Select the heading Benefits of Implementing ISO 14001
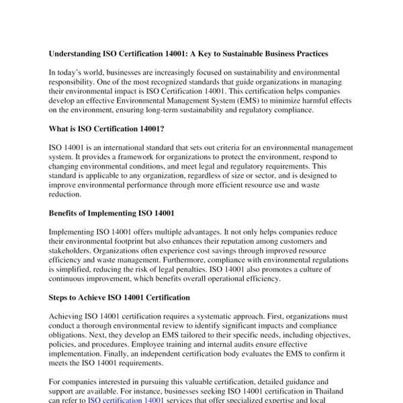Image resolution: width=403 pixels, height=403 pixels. pyautogui.click(x=111, y=214)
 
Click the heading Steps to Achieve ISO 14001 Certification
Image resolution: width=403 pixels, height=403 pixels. pyautogui.click(x=120, y=297)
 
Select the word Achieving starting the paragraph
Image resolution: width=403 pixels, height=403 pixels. pyautogui.click(x=69, y=316)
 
